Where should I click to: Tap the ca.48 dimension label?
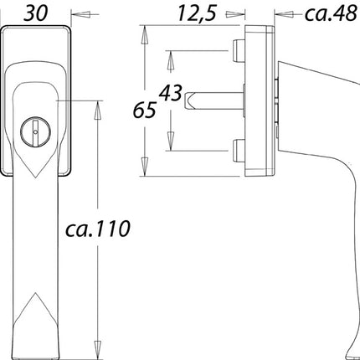tap(330, 13)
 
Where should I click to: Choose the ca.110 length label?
tap(100, 229)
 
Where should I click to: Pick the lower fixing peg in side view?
tap(239, 151)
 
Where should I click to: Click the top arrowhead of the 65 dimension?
tap(147, 32)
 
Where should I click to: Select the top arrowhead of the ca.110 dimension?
tap(99, 106)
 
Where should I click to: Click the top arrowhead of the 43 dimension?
tap(171, 54)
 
